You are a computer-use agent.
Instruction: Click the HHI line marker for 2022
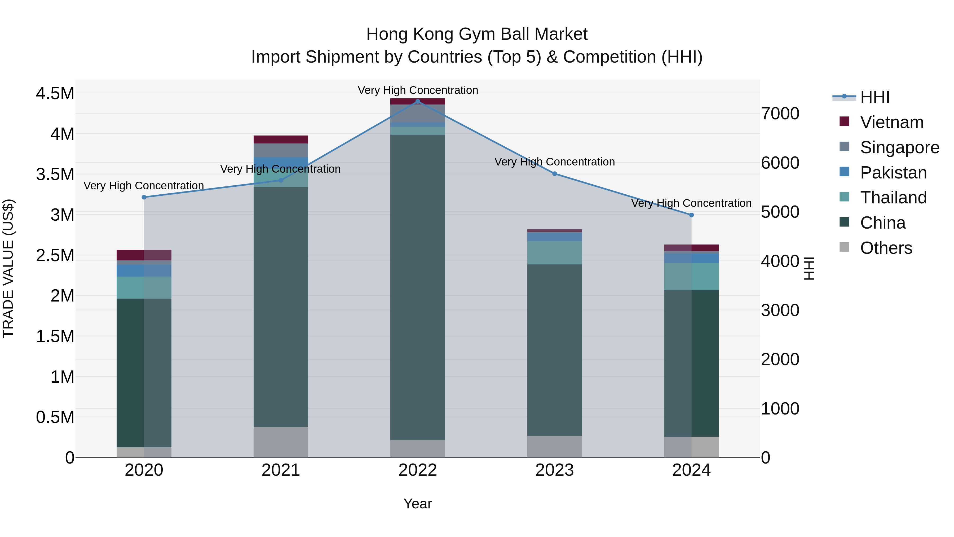click(x=418, y=101)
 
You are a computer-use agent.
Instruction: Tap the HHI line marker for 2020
click(x=144, y=197)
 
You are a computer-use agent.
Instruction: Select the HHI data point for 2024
click(x=691, y=215)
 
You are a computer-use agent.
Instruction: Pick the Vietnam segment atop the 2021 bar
click(x=281, y=139)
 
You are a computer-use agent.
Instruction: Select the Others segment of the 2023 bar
click(x=554, y=446)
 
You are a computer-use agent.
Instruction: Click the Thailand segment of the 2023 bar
click(x=554, y=253)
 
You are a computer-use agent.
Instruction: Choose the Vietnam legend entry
click(x=891, y=122)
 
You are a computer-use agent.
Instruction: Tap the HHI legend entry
click(x=874, y=97)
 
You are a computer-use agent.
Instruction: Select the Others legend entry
click(x=886, y=248)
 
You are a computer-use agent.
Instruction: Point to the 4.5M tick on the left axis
click(x=55, y=93)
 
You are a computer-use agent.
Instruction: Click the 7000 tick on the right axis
click(x=780, y=113)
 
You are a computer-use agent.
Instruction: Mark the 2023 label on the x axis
click(x=554, y=470)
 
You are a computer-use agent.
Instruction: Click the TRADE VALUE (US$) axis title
click(x=8, y=268)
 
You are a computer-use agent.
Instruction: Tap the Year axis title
click(x=417, y=504)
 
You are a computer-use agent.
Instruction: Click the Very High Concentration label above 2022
click(x=418, y=90)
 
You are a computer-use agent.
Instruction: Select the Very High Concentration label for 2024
click(x=691, y=203)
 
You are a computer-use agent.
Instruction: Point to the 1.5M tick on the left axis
click(x=55, y=337)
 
